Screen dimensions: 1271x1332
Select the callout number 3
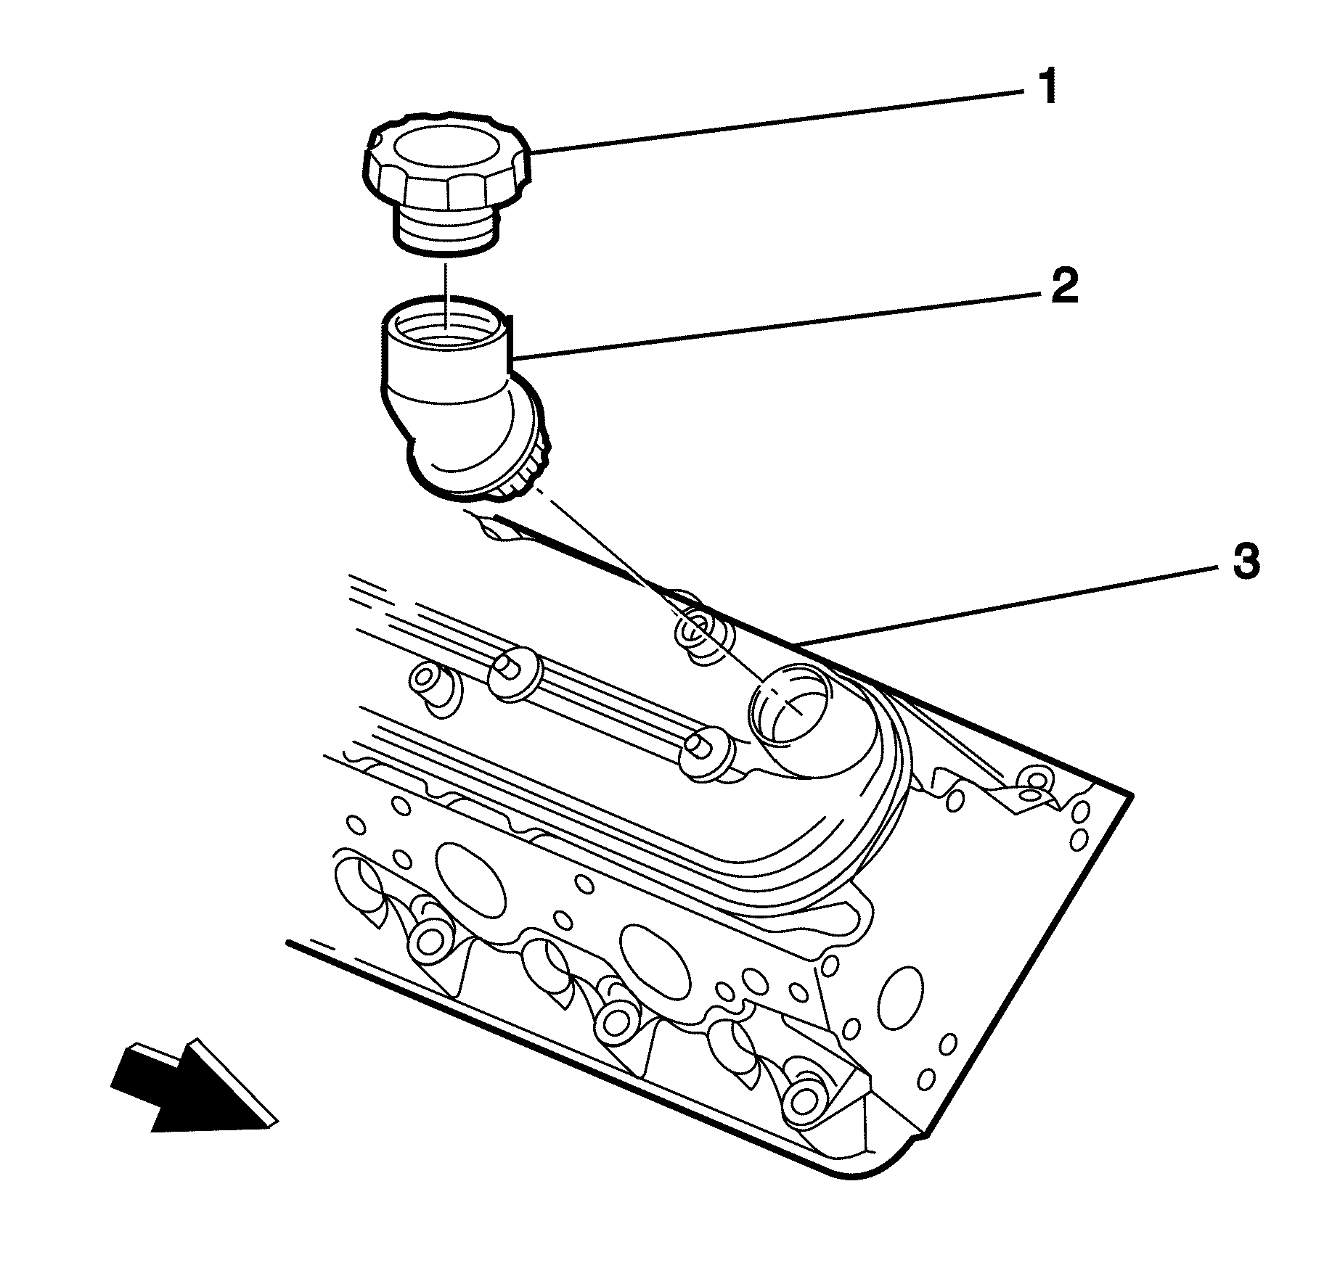[x=1246, y=564]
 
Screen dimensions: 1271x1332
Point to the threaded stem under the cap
[x=445, y=229]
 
